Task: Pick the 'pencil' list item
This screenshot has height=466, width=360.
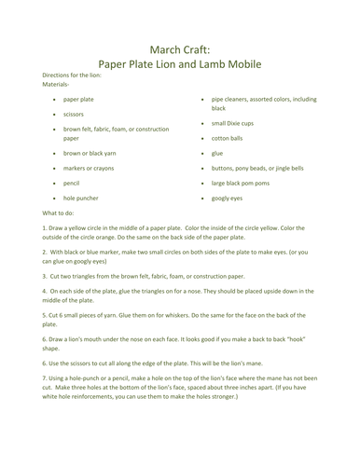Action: [x=72, y=185]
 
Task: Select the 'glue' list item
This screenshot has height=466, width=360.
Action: [x=216, y=153]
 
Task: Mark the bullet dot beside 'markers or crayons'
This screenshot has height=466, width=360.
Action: [x=53, y=169]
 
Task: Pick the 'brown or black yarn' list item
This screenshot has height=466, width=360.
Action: [x=90, y=152]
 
